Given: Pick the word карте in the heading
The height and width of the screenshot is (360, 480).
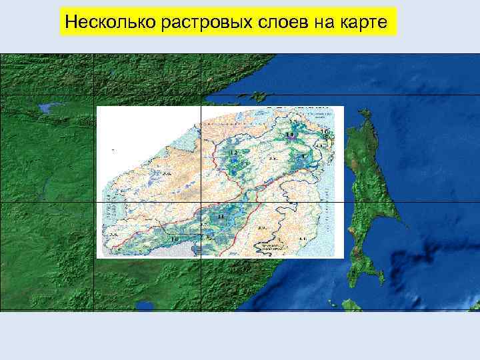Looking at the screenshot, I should pyautogui.click(x=363, y=24).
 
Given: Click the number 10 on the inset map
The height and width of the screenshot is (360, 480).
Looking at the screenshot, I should pyautogui.click(x=175, y=239).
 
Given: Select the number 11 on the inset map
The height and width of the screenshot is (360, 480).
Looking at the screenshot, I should pyautogui.click(x=221, y=218).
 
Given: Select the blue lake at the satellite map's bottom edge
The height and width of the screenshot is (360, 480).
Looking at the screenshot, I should pyautogui.click(x=143, y=307).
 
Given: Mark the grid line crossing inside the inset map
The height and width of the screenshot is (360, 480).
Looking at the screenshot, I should pyautogui.click(x=201, y=201).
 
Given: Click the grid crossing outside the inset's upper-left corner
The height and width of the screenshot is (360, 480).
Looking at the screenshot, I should pyautogui.click(x=94, y=95).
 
